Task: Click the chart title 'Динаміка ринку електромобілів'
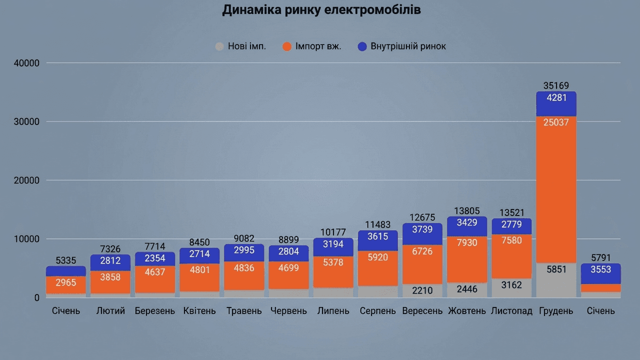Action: point(321,10)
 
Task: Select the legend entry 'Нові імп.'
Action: point(240,46)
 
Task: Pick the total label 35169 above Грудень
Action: point(556,86)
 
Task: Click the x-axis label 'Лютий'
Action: point(110,311)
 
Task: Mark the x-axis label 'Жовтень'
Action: point(467,311)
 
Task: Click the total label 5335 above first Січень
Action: point(66,260)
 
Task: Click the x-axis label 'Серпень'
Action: point(378,311)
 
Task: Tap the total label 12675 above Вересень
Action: point(422,217)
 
